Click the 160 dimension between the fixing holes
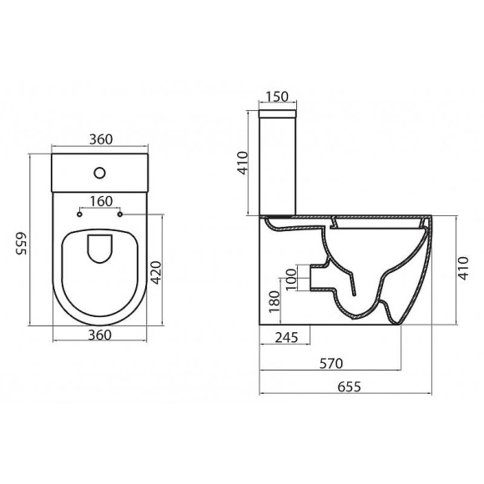click(x=99, y=200)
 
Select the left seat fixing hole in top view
click(x=79, y=214)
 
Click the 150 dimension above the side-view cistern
click(x=279, y=97)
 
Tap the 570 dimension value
click(x=332, y=363)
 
